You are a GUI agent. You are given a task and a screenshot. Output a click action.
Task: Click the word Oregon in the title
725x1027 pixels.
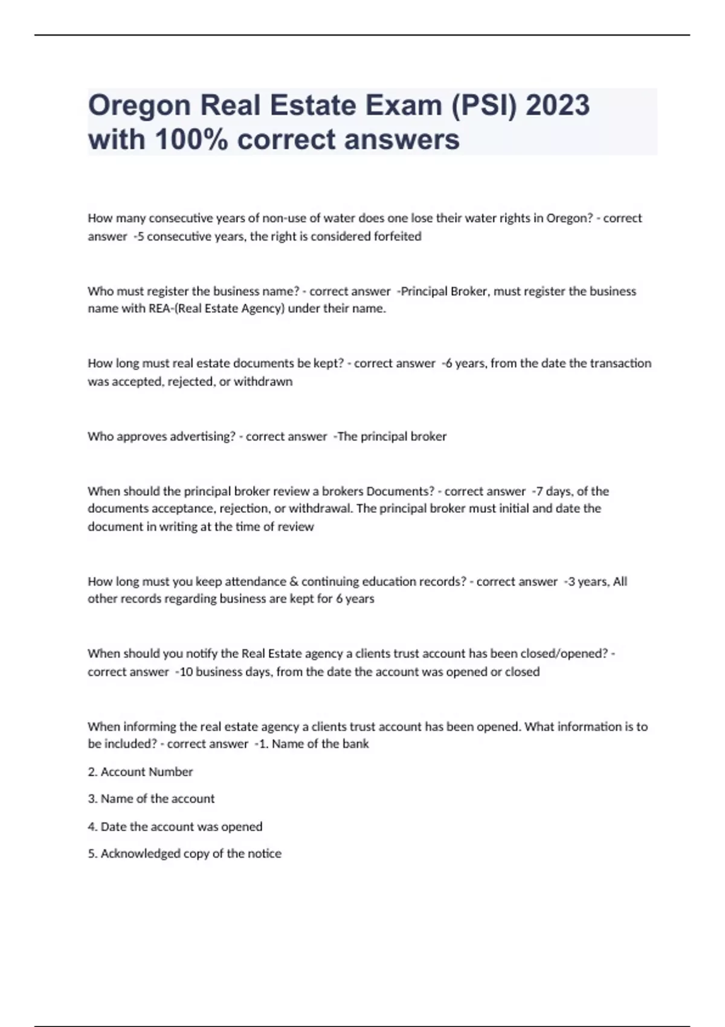(x=140, y=106)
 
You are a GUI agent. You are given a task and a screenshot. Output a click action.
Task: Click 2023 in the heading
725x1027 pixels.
(x=557, y=105)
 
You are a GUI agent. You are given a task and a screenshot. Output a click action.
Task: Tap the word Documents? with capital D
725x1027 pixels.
(x=400, y=491)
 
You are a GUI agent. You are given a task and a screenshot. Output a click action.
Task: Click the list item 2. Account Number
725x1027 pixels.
(x=140, y=771)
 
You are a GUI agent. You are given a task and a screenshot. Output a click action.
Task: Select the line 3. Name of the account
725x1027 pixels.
(x=151, y=799)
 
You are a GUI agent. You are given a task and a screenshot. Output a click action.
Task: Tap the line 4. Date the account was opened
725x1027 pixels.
(x=175, y=826)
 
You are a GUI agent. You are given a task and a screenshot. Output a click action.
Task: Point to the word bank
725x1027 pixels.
(x=355, y=744)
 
